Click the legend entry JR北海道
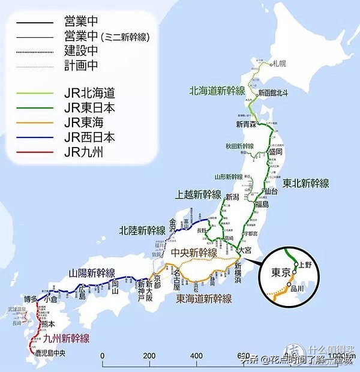coord(89,94)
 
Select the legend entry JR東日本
coord(89,109)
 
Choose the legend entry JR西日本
coord(89,137)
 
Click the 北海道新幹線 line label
coord(217,91)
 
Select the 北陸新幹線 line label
coord(142,230)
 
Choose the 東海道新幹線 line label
coord(203,298)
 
